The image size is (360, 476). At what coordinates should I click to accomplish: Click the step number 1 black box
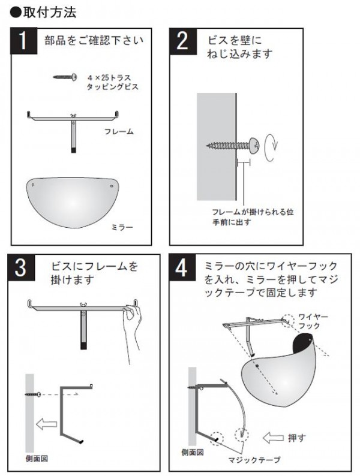tap(23, 41)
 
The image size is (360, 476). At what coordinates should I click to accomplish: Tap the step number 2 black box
tap(183, 41)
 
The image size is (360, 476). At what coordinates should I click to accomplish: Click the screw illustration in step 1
tap(65, 77)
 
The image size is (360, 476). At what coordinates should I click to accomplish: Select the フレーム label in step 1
tap(119, 131)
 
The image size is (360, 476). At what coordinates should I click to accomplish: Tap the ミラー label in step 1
tap(122, 227)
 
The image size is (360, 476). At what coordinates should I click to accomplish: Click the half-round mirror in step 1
tap(73, 202)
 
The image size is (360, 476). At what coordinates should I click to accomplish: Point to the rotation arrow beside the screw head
tap(271, 147)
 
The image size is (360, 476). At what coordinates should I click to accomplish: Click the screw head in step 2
tap(254, 145)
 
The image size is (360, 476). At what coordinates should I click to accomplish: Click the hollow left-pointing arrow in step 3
tap(46, 423)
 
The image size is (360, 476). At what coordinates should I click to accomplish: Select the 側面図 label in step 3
tap(37, 458)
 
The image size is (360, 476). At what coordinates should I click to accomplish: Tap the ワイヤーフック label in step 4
tap(313, 321)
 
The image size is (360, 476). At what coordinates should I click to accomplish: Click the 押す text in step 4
tap(296, 438)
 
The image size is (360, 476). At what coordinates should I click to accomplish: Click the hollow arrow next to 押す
tap(273, 438)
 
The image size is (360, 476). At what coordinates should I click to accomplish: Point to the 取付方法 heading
tap(43, 13)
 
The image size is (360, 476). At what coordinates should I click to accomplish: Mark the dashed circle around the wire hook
tap(287, 320)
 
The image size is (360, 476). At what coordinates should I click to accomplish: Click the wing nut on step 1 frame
tap(73, 115)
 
